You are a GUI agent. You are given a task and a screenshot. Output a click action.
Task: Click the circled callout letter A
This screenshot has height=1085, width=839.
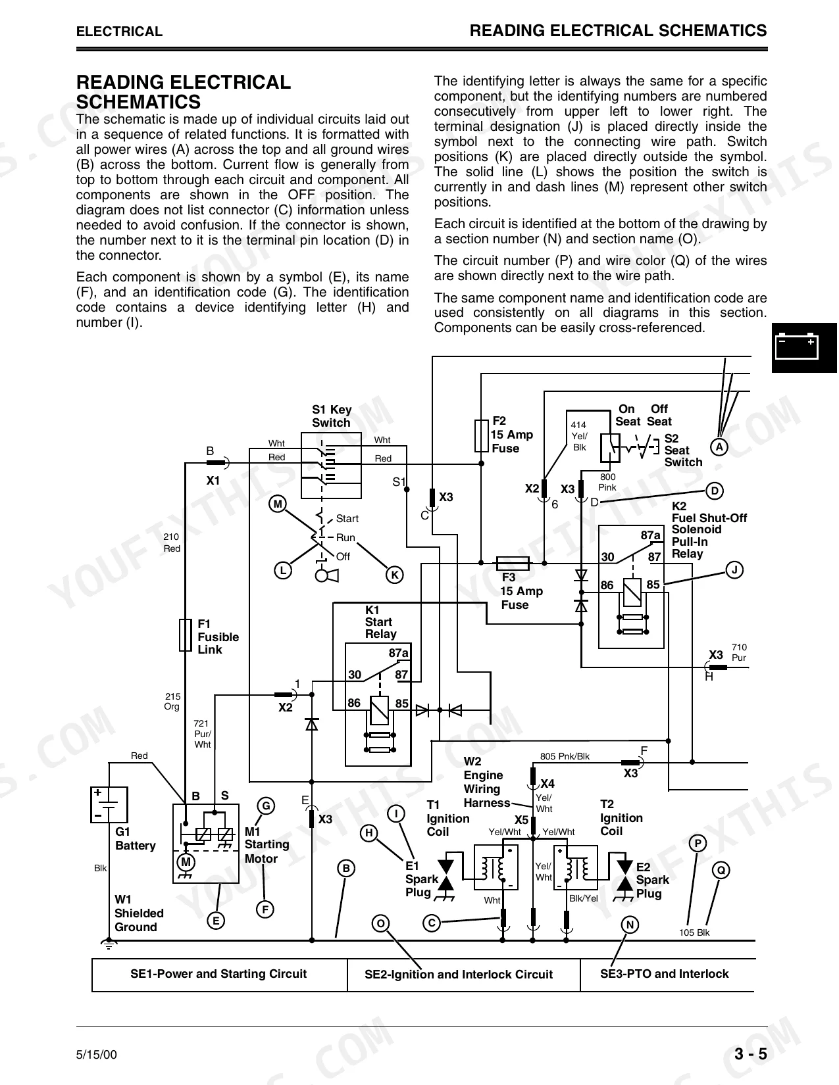coord(719,447)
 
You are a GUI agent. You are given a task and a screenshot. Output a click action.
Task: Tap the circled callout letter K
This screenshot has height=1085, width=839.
coord(395,575)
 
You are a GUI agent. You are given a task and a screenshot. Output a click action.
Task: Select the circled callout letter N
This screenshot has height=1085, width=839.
coord(630,925)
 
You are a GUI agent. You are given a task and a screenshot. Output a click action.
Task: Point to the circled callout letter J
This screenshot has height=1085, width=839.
coord(734,569)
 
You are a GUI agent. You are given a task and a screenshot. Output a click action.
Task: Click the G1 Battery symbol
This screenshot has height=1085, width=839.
coord(109,804)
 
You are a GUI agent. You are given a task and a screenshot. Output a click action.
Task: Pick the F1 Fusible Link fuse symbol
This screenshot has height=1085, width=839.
coord(186,635)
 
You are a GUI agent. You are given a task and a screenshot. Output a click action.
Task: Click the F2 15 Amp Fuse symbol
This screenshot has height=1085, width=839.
coord(481,436)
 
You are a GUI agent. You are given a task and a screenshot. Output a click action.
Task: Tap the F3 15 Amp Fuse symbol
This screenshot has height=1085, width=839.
coord(512,564)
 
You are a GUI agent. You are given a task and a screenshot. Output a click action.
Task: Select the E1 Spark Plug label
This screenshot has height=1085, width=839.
coord(421,879)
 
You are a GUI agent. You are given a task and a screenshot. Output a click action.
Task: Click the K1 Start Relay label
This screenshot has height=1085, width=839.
coord(381,622)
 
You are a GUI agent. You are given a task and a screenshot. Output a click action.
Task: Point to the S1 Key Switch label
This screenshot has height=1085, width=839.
coord(332,416)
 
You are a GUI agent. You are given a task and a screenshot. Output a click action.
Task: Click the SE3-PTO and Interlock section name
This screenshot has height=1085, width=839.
coord(664,974)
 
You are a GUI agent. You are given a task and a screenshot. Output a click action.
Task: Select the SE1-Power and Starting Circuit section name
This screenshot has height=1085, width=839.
coord(218,974)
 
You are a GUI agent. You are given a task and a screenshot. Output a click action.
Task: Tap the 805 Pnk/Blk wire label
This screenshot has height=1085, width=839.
coord(565,756)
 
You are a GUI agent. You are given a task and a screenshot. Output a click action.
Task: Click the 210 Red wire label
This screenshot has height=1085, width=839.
coord(171,542)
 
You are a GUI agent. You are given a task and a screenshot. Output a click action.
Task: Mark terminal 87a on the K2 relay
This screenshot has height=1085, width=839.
coord(650,535)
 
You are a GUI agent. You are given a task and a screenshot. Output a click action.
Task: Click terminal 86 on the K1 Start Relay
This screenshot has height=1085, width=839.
coord(354,703)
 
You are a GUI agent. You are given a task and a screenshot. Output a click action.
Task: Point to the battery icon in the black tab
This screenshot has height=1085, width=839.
coord(796,346)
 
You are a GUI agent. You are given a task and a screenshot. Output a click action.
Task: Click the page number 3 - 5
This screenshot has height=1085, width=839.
coord(751,1054)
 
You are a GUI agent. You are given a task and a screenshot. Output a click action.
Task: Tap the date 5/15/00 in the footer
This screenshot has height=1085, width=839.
coord(97,1055)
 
